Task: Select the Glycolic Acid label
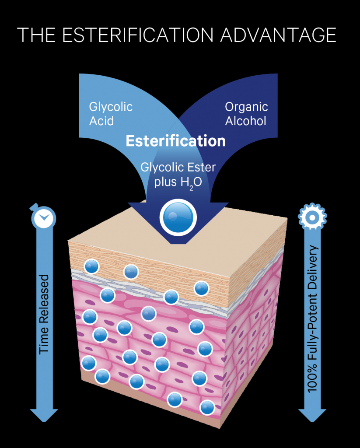coord(111,114)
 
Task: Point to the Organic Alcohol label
coord(246,114)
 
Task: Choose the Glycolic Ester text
coord(178,168)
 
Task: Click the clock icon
coord(43,217)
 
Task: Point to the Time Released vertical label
coord(44,314)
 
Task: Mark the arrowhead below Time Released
coord(44,414)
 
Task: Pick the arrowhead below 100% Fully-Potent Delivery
coord(312,415)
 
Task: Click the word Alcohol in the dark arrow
coord(245,121)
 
